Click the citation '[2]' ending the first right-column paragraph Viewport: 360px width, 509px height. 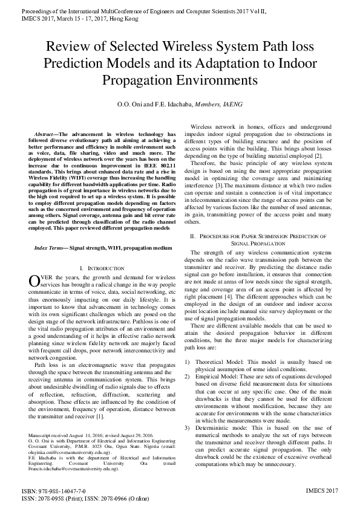coord(318,156)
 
